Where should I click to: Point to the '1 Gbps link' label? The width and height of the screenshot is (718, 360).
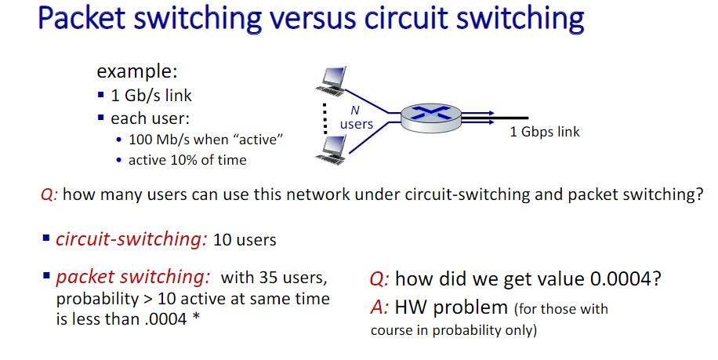545,132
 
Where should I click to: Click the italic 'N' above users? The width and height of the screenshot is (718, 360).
354,111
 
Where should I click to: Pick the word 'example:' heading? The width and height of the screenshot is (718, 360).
137,71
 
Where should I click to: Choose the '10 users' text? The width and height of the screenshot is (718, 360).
245,239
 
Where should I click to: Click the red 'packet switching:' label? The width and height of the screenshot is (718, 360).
132,278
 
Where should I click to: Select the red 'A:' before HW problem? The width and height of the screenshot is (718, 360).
379,308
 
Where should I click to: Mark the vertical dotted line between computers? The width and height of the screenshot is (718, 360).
321,115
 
